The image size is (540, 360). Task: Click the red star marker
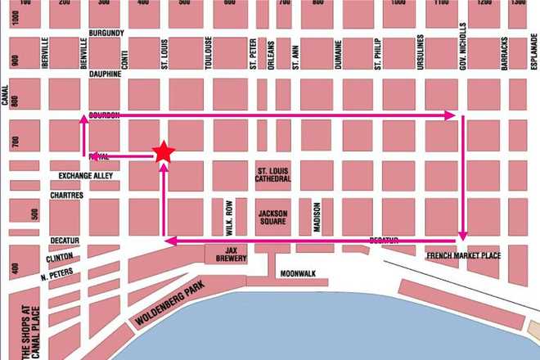pyautogui.click(x=164, y=151)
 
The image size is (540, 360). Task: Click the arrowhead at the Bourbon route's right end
pyautogui.click(x=450, y=116)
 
